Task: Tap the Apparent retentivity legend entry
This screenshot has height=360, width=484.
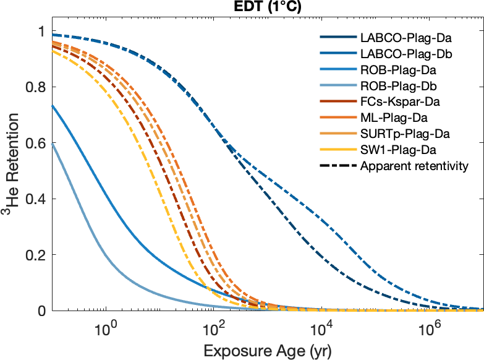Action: pos(414,166)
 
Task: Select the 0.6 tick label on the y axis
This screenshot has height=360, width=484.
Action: pos(36,143)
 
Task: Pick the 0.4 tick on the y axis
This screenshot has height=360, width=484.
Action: pos(36,199)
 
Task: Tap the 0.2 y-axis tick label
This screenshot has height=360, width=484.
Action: pos(36,255)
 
